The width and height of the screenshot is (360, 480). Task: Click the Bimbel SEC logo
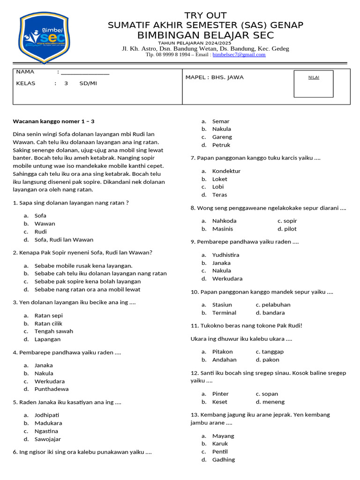click(44, 37)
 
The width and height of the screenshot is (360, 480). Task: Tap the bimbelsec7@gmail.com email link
click(239, 54)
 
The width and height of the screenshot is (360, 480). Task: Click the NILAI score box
click(313, 83)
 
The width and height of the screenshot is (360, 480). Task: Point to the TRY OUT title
click(205, 15)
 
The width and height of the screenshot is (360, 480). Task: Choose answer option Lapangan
click(47, 339)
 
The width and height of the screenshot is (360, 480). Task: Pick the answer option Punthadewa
click(52, 389)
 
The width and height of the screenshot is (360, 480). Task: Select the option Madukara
click(48, 423)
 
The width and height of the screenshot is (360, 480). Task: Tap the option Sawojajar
click(48, 439)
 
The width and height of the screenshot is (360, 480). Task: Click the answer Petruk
click(221, 145)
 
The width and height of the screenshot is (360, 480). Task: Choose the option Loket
click(220, 179)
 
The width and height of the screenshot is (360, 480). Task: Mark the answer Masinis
click(223, 229)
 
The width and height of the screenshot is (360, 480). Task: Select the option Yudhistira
click(226, 255)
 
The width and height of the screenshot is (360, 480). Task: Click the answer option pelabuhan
click(277, 305)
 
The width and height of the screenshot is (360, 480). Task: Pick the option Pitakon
click(223, 352)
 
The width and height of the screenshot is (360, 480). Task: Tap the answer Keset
click(220, 402)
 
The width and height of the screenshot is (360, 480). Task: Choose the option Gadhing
click(224, 460)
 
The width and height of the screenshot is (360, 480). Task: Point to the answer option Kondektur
click(226, 171)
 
